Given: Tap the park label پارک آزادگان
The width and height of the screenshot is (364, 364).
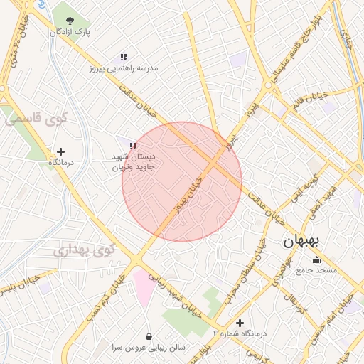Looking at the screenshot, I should (70, 32).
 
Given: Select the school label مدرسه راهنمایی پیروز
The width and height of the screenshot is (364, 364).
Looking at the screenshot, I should (123, 69).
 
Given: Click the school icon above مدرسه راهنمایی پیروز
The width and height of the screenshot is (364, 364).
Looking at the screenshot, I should (124, 57).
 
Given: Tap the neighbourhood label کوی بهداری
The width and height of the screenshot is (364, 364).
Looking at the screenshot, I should (84, 250).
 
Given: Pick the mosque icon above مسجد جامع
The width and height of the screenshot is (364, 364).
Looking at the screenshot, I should (316, 259).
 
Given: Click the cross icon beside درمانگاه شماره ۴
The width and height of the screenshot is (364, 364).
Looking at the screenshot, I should (240, 323).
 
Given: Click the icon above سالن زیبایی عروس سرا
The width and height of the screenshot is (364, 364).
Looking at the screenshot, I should (149, 336).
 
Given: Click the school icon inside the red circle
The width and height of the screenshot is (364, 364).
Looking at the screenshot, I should (133, 146).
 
